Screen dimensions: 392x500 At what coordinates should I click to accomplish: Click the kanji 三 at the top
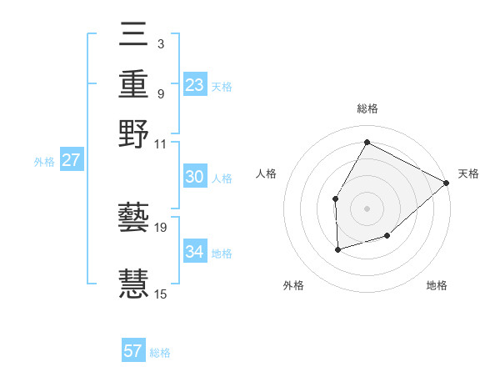[134, 36]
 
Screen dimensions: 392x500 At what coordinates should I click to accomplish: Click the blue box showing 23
[194, 85]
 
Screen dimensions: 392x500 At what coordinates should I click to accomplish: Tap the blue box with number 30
[194, 177]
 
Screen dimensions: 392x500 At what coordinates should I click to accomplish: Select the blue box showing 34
[194, 252]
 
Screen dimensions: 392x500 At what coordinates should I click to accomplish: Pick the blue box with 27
[71, 160]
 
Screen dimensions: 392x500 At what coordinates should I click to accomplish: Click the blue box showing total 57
[133, 351]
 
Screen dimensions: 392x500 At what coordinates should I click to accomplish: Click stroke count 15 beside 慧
[161, 294]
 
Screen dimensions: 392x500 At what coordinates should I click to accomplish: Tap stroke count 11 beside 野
[161, 143]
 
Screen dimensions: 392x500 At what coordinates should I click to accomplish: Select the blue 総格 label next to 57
[160, 353]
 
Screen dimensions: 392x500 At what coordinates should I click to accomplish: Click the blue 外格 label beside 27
[43, 162]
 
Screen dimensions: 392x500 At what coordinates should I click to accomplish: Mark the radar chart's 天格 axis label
[468, 173]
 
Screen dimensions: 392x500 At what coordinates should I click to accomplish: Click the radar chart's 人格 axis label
[267, 173]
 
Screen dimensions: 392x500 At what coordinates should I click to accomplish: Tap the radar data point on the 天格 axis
[447, 183]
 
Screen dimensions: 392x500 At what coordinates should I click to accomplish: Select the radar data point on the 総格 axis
[367, 142]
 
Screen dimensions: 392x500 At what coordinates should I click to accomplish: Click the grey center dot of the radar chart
[367, 208]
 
